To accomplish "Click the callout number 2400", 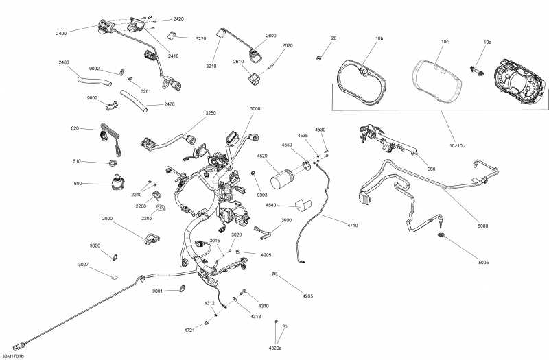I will coord(61,33).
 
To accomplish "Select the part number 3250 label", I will coord(210,113).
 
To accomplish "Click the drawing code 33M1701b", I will coord(13,356).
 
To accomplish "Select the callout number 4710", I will coord(353,224).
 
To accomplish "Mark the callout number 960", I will coord(431,169).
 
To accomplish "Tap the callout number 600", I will coord(77,183).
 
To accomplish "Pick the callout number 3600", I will coord(287,221).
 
